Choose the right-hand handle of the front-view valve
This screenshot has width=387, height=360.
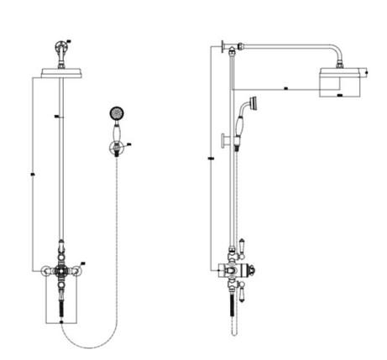click(x=79, y=270)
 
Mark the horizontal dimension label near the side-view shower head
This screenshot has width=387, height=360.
click(x=286, y=86)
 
